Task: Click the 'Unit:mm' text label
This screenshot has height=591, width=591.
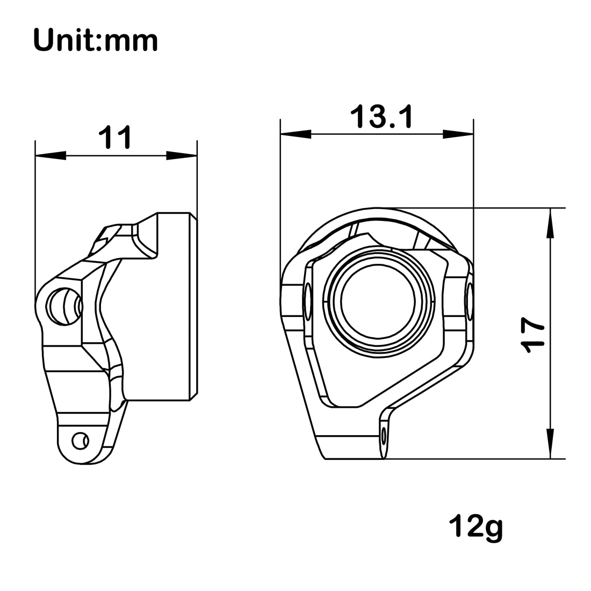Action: tap(96, 40)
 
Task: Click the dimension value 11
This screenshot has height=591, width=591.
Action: tap(114, 138)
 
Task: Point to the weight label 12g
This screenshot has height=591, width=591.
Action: tap(477, 527)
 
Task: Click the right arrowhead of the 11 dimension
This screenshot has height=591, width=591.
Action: tap(182, 156)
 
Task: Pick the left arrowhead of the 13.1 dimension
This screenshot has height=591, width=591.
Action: tap(295, 134)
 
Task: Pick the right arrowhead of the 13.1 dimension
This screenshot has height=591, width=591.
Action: tap(458, 134)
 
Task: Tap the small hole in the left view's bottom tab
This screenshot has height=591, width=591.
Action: tap(80, 440)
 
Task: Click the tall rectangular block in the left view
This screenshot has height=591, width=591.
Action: tap(175, 306)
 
